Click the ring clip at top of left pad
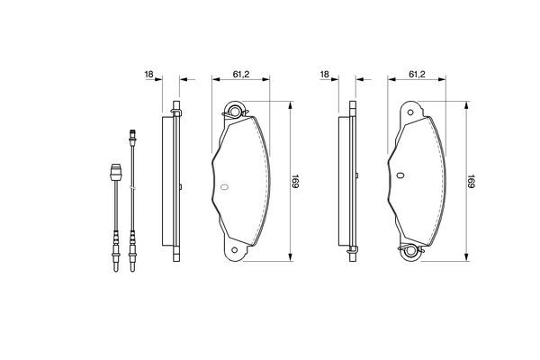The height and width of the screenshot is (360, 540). pyautogui.click(x=236, y=112)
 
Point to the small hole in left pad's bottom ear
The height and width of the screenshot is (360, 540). pyautogui.click(x=235, y=251)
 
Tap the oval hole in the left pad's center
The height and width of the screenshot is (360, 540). pyautogui.click(x=225, y=187)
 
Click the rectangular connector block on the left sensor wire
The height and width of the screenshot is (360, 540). pyautogui.click(x=114, y=171)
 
